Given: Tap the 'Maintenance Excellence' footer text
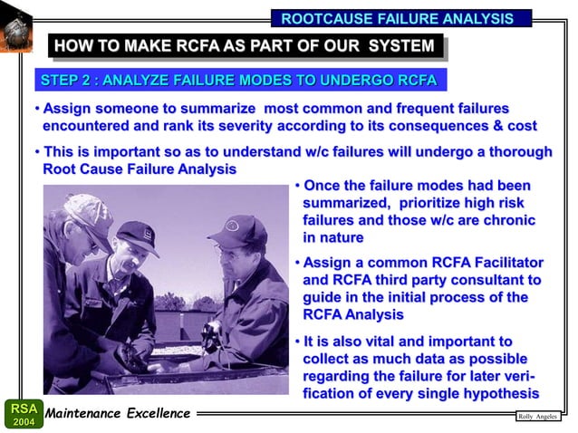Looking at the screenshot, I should coord(119,414).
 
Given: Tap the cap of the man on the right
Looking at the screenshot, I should coord(236,231).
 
